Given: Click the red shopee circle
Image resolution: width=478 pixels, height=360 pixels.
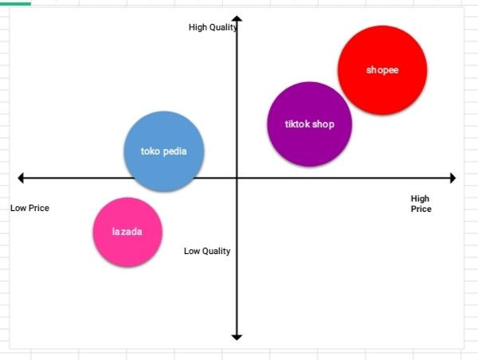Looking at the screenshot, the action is [x=382, y=70].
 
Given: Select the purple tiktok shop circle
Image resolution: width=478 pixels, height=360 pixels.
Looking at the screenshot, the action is [x=309, y=123].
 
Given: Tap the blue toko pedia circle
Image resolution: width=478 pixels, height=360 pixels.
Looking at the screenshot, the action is [x=164, y=151].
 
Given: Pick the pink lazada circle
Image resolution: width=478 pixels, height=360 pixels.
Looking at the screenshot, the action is [x=127, y=232].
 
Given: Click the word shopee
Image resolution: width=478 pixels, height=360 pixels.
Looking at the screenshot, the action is [x=382, y=70].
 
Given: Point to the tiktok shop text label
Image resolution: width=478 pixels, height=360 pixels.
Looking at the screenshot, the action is [x=310, y=124].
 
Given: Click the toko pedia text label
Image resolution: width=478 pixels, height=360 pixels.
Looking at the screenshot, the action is [x=164, y=151].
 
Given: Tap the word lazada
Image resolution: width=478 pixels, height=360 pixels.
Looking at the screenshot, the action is [x=127, y=232].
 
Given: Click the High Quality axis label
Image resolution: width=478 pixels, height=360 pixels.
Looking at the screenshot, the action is [x=213, y=28].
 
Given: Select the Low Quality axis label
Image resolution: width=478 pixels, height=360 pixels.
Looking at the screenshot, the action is [x=207, y=251].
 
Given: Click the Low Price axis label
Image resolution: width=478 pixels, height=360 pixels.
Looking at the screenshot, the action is [x=29, y=208].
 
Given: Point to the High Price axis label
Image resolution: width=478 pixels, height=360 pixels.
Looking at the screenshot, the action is [x=421, y=204].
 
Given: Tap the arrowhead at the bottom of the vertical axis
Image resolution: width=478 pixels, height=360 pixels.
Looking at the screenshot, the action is [x=237, y=337].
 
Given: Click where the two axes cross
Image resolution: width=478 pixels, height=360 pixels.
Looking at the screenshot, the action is [x=237, y=177].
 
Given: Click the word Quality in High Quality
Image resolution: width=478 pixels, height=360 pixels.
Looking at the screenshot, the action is [x=223, y=28].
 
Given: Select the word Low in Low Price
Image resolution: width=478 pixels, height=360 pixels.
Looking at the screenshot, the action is [x=18, y=208].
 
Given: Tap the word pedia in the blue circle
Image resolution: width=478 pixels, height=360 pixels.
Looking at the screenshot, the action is [x=175, y=151].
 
